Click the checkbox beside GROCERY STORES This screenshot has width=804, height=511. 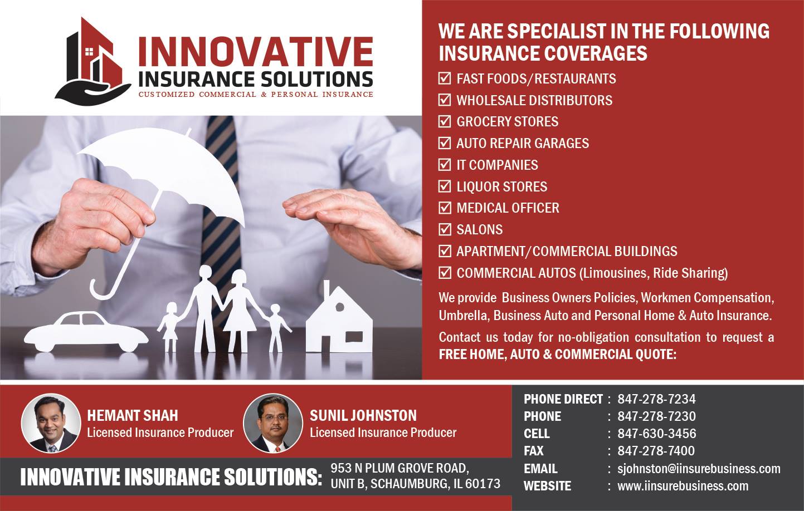pos(445,121)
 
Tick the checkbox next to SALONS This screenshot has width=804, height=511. pos(445,229)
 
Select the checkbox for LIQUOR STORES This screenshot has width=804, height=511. pos(445,186)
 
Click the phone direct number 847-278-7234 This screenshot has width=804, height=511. pos(656,399)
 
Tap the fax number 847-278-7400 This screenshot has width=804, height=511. pos(656,450)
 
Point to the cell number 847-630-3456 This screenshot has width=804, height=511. pos(657,433)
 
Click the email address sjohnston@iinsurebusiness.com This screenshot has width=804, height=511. pos(699,469)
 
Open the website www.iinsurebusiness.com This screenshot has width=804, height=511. pos(683,486)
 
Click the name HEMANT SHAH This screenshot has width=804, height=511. pos(133,416)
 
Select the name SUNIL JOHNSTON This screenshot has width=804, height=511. pos(363,416)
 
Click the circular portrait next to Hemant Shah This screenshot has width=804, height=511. pos(51,424)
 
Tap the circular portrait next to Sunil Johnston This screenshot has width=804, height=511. pos(273,424)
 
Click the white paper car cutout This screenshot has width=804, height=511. pos(86,332)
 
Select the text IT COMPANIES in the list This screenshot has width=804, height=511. pos(497,165)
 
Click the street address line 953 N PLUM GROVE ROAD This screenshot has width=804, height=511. pos(400,468)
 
